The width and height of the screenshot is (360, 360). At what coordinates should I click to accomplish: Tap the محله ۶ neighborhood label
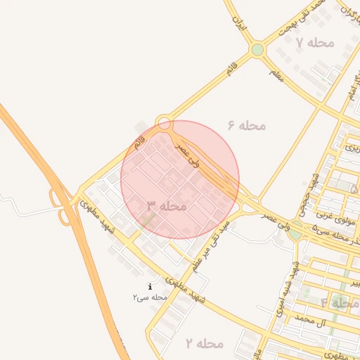coord(247,125)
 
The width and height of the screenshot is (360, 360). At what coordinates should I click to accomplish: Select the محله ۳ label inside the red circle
coord(167,206)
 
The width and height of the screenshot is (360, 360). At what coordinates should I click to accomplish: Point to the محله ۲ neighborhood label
coord(204,344)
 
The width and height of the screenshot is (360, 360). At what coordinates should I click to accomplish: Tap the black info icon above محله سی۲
coord(150,286)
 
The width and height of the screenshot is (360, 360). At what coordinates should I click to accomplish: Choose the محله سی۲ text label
coord(150,297)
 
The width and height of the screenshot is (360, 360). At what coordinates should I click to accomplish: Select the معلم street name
coord(276,73)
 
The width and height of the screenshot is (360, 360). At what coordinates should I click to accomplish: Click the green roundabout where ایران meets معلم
coord(257,50)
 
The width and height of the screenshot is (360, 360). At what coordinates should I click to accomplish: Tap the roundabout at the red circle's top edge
coord(165,123)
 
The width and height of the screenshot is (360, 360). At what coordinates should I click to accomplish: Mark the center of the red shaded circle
coord(180,180)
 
